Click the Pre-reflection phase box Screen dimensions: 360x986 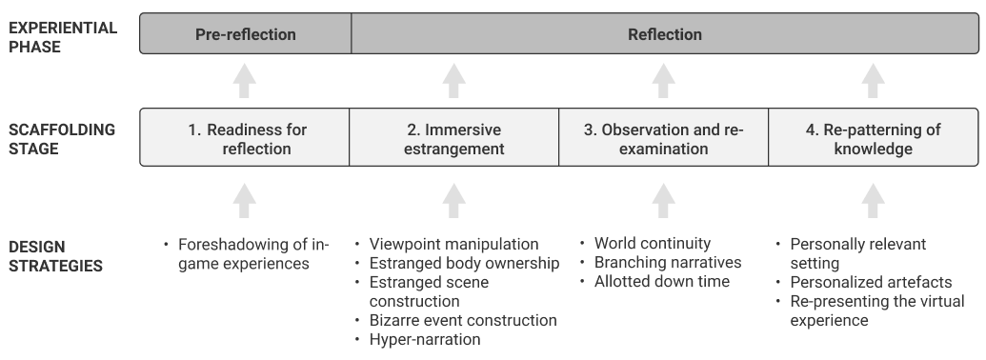(x=246, y=34)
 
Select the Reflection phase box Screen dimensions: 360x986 (x=664, y=34)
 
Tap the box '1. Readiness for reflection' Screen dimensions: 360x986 (x=246, y=139)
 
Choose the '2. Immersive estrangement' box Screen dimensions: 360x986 (x=453, y=139)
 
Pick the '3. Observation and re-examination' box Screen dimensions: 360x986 (x=663, y=139)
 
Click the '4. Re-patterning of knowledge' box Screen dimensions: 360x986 (x=872, y=139)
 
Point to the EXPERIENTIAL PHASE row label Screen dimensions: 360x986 (x=63, y=36)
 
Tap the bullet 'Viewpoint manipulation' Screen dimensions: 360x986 (x=453, y=245)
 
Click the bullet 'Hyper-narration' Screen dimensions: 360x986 (x=424, y=340)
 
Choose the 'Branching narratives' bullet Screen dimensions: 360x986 (x=667, y=262)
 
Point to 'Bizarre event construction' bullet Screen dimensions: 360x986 (x=462, y=321)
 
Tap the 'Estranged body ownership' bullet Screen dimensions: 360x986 (x=463, y=264)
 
